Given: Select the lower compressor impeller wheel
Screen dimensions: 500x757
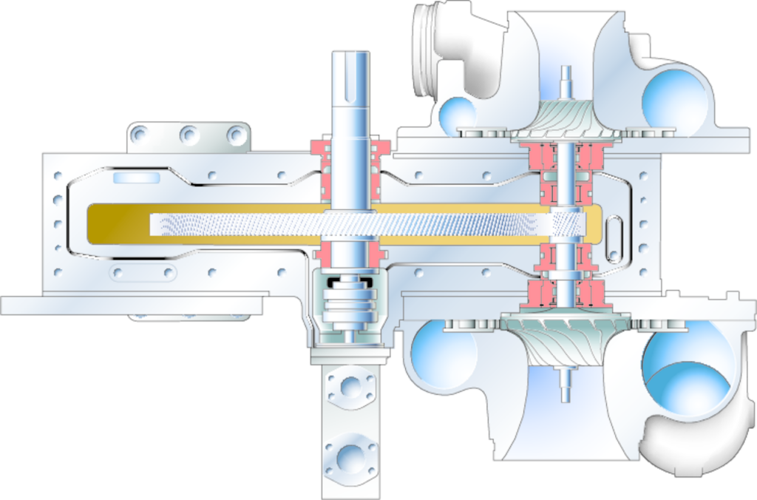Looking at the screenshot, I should (566, 337).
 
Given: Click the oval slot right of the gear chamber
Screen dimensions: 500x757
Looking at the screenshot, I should (614, 239).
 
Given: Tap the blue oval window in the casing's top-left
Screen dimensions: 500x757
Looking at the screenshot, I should (137, 178).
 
